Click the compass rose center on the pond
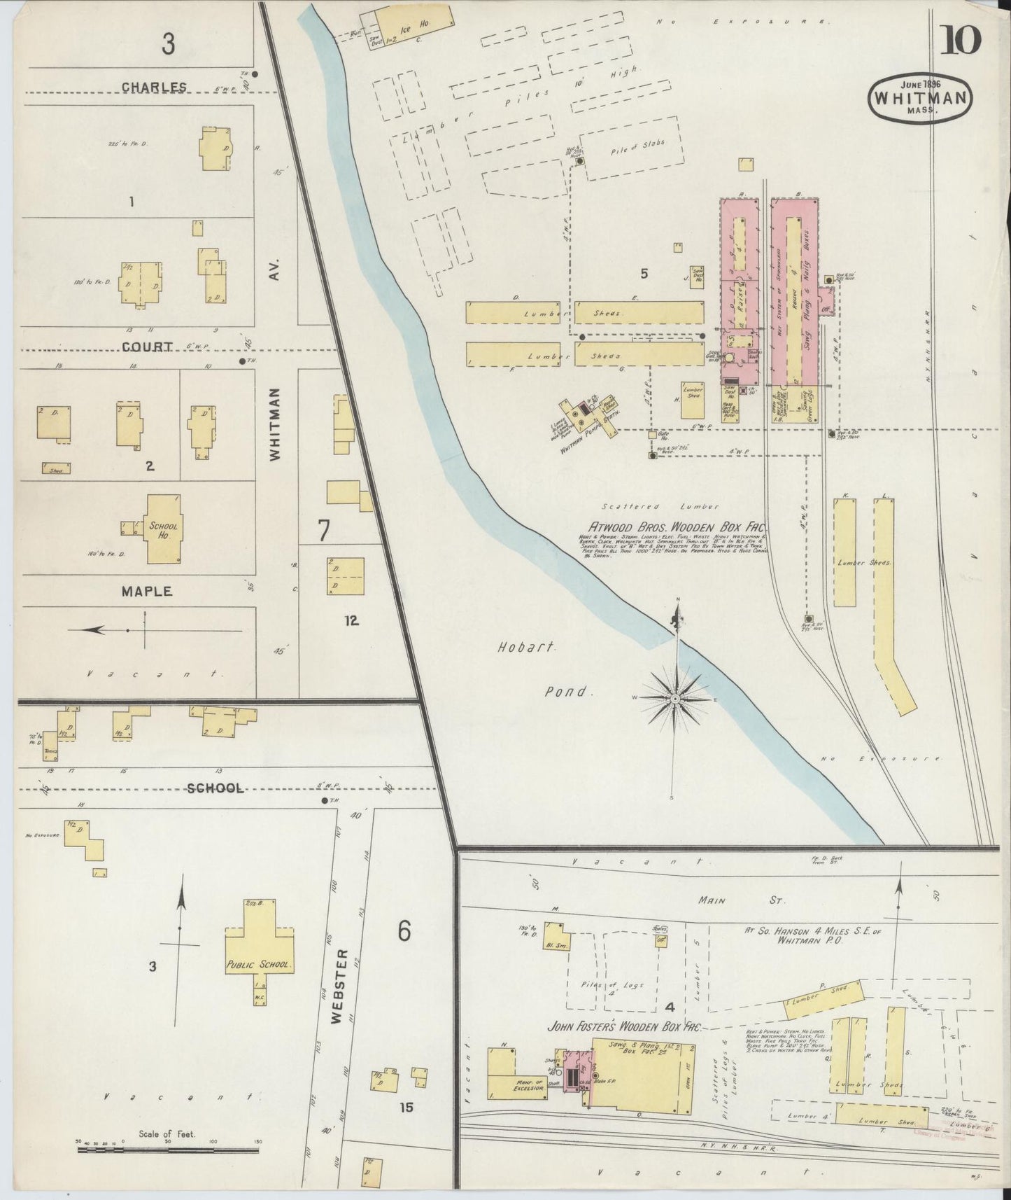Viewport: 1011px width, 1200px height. coord(675,699)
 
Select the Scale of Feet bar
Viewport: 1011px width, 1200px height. coord(168,1149)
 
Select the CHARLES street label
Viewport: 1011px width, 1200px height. coord(154,88)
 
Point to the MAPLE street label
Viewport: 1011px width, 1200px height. coord(147,592)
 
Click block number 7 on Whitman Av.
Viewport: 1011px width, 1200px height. coord(323,531)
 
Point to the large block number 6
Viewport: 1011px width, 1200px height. coord(404,931)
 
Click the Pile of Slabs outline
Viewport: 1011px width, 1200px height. coord(630,148)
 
